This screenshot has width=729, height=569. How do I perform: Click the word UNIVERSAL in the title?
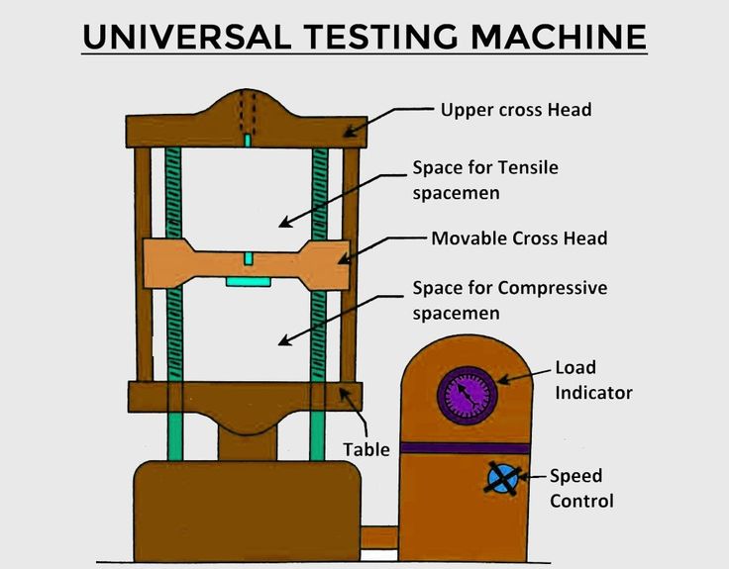tap(187, 37)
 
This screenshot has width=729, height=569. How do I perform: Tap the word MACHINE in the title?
tap(559, 37)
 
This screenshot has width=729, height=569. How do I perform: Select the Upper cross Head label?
tap(516, 110)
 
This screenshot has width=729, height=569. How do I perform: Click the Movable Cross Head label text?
tap(519, 238)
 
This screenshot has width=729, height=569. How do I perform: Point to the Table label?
tap(366, 449)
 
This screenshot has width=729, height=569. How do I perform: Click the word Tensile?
tap(529, 167)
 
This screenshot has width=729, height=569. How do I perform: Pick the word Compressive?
tap(553, 288)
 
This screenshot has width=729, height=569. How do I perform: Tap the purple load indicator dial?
tap(468, 395)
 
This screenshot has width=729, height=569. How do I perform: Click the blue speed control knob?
tap(502, 478)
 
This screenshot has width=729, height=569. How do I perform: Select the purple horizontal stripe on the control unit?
tap(466, 448)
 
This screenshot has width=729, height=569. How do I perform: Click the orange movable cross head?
tap(247, 264)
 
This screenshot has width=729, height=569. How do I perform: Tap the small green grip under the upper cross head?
tap(248, 141)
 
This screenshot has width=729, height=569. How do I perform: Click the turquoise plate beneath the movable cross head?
tap(249, 282)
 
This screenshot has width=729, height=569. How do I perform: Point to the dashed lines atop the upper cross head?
tap(248, 112)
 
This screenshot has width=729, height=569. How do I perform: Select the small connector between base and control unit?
tap(379, 538)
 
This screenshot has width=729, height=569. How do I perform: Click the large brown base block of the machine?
tap(247, 511)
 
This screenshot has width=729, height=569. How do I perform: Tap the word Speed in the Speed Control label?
tap(576, 477)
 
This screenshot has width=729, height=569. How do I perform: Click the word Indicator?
tap(593, 393)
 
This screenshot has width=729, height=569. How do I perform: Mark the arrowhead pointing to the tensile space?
tap(285, 223)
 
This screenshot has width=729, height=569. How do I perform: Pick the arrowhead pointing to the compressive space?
tap(284, 340)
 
